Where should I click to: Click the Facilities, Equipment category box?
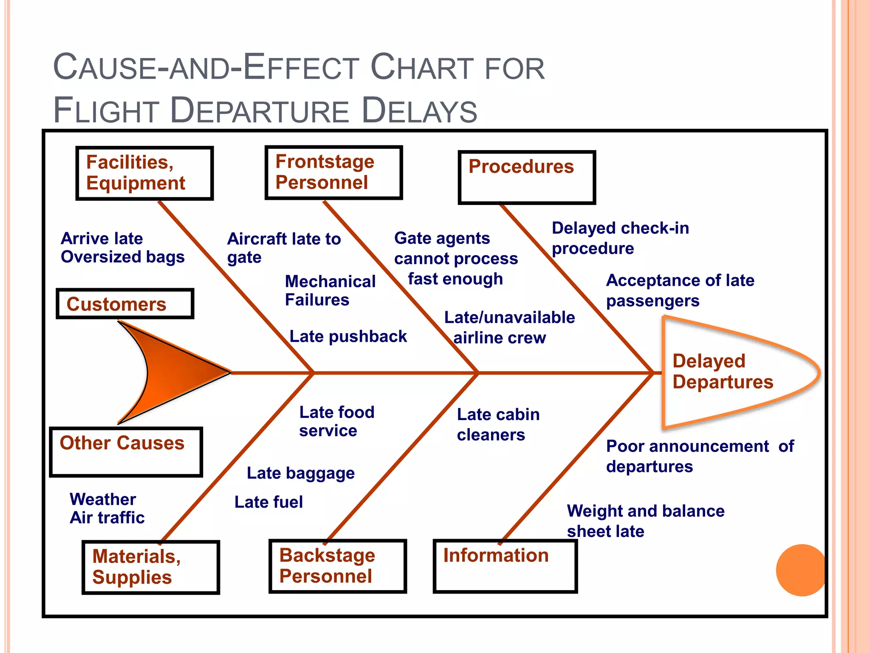point(144,173)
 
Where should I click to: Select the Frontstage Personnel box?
point(333,172)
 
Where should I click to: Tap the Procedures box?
point(527,177)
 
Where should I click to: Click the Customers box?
point(125,304)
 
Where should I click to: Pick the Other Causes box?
point(126,452)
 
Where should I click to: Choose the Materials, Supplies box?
point(151,567)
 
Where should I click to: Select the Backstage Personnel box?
point(338,566)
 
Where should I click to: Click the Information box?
point(505,566)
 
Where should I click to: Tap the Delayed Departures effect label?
point(723,372)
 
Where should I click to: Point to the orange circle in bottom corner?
point(801,570)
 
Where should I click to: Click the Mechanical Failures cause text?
point(330,291)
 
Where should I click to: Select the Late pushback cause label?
point(348,336)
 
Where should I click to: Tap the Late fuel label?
point(268,502)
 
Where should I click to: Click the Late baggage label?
point(301,473)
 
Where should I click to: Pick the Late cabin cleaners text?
point(498,424)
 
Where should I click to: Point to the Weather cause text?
point(103,499)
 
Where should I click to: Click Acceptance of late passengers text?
point(680,290)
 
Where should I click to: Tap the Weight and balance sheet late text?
point(645,521)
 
